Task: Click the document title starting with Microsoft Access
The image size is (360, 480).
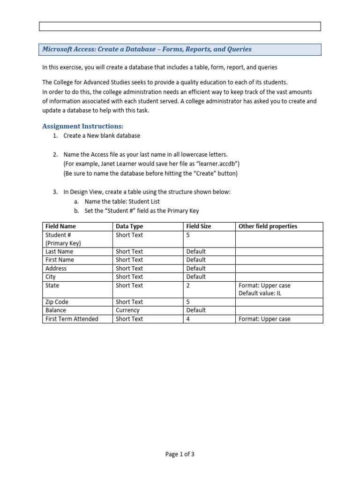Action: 147,49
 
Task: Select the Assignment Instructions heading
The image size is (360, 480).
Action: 83,126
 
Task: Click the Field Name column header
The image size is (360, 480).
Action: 60,226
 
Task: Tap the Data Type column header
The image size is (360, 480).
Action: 129,226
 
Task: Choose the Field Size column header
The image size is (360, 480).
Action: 199,226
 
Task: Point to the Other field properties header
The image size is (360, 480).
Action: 268,226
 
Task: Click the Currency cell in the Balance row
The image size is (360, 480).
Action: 127,310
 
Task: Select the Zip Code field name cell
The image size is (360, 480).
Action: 56,302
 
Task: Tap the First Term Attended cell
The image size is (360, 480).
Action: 72,319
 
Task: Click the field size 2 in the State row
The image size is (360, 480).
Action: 188,285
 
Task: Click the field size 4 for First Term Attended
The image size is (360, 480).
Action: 188,319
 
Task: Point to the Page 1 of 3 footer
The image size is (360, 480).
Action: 180,454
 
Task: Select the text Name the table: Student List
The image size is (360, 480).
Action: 122,202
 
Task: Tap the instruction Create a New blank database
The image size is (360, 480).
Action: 102,135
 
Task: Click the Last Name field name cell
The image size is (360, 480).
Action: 59,252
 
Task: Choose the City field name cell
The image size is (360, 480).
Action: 51,277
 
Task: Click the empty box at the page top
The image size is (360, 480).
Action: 180,26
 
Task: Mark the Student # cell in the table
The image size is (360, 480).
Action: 58,235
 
